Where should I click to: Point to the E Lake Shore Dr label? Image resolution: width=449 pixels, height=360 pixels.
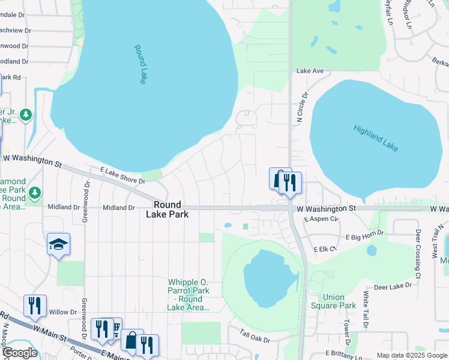122,176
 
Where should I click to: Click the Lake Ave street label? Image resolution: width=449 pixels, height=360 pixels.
310,71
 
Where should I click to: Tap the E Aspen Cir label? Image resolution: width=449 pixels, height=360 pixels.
322,220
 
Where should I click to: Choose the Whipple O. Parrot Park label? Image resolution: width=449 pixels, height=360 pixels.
188,295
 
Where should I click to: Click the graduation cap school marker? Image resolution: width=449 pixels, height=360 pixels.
58,244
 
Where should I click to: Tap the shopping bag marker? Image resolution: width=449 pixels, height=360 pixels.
131,340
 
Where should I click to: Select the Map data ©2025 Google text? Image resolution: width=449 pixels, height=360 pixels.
411,355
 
